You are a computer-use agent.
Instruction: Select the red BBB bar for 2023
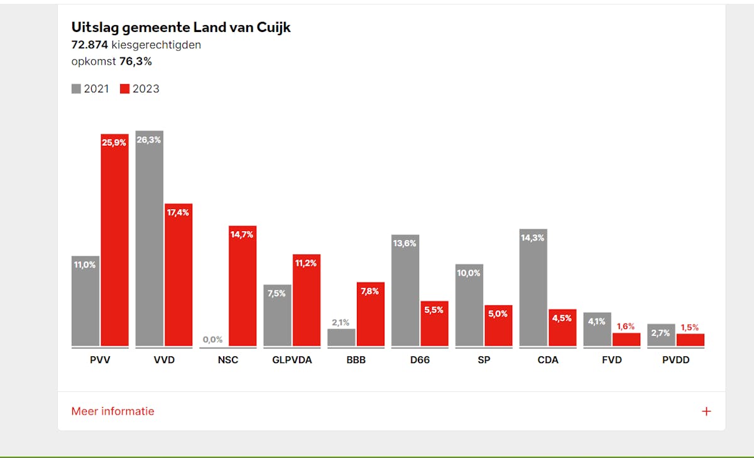tap(371, 314)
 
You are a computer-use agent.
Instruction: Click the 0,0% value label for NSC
tap(212, 340)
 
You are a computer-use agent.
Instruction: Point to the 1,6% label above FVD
tap(626, 327)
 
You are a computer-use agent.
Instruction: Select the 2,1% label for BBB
tap(341, 322)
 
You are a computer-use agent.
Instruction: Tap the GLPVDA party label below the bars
tap(292, 360)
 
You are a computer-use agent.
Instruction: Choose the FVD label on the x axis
tap(611, 360)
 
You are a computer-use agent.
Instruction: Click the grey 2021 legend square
tap(76, 89)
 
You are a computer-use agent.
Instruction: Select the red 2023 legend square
tap(124, 89)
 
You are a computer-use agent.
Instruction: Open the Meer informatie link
tap(112, 412)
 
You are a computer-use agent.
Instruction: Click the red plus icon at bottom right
tap(706, 412)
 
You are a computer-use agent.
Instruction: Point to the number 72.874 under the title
tap(90, 45)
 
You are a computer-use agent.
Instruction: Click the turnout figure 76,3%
tap(136, 62)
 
